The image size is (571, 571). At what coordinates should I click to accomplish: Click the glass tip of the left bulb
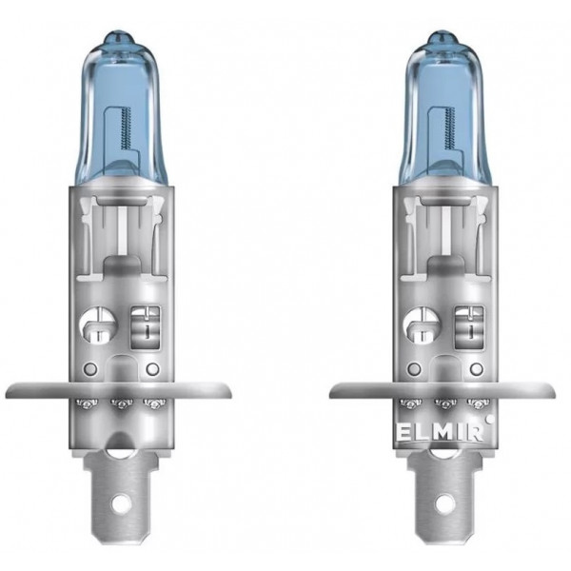[119, 39]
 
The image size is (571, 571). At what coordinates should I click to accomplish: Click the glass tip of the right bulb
[443, 39]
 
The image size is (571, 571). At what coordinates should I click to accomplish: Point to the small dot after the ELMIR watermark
[490, 420]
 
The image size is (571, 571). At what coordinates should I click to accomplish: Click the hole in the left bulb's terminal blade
[119, 504]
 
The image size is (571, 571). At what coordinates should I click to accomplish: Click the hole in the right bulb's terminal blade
[443, 504]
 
